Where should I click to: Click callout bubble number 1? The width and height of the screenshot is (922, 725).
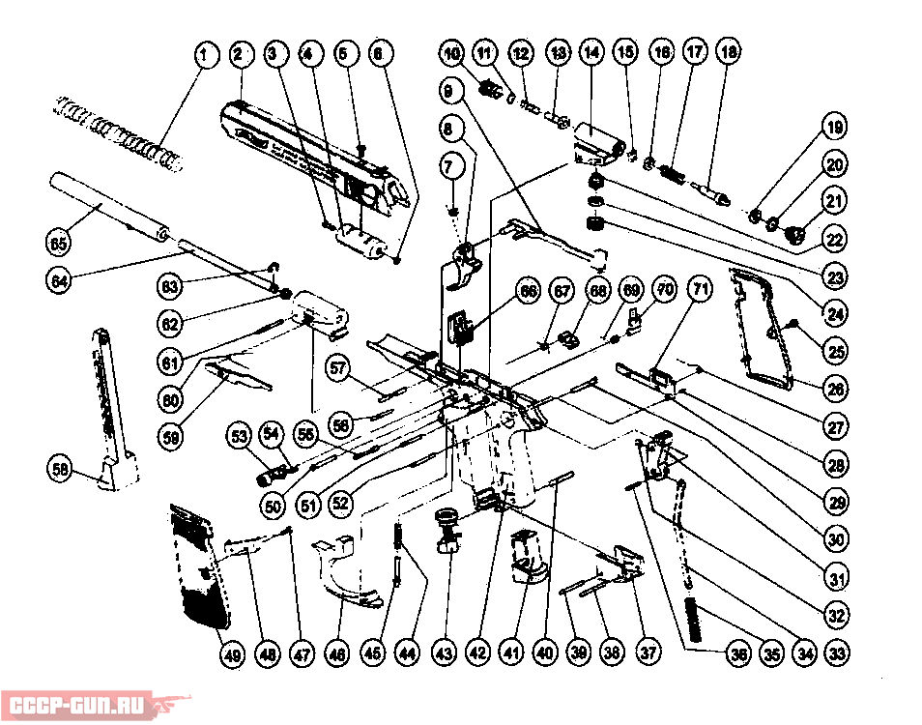203,55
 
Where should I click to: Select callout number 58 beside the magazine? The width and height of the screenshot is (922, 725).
61,469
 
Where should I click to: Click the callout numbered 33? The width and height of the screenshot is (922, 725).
837,652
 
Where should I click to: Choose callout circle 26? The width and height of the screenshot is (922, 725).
836,390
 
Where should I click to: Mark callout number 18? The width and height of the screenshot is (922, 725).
728,55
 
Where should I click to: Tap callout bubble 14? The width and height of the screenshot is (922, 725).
591,55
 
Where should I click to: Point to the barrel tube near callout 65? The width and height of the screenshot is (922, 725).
106,204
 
